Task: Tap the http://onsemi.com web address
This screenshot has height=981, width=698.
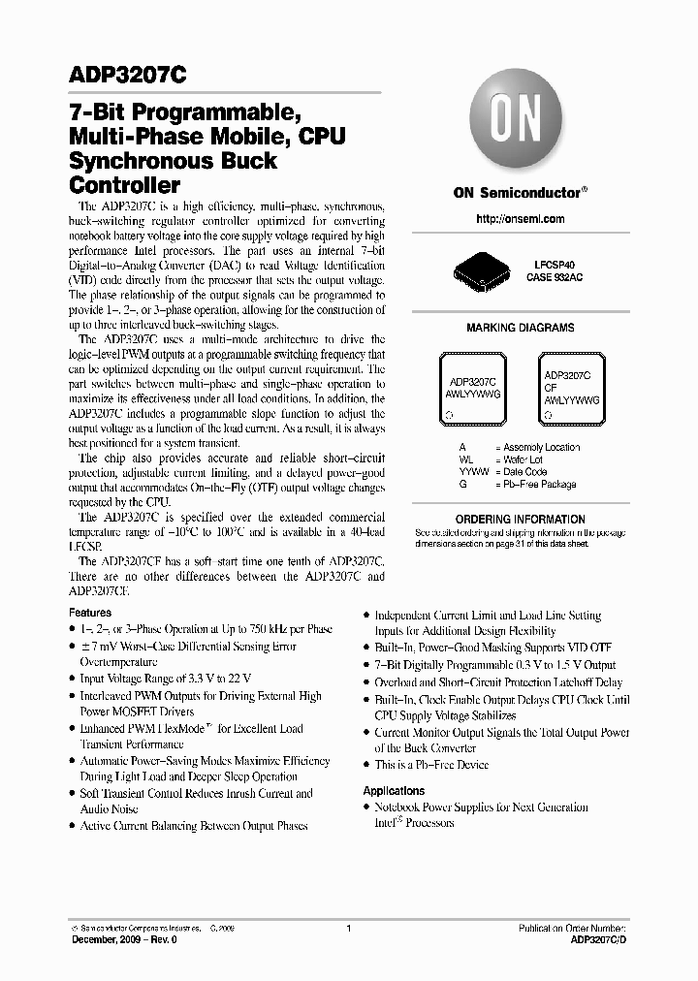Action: (x=521, y=219)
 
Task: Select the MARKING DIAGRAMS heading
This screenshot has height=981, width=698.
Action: (x=520, y=328)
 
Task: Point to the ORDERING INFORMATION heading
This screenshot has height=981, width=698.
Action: (x=520, y=520)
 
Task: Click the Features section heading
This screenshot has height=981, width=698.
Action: (x=90, y=613)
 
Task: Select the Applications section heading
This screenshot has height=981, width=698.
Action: (x=394, y=791)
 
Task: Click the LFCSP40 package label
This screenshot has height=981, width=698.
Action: (x=549, y=265)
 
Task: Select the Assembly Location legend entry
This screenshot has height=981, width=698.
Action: (x=536, y=447)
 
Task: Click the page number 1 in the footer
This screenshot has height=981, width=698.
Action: (x=348, y=928)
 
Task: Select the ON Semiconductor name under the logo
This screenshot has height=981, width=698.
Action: (x=519, y=193)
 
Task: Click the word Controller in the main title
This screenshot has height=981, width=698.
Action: (x=125, y=184)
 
